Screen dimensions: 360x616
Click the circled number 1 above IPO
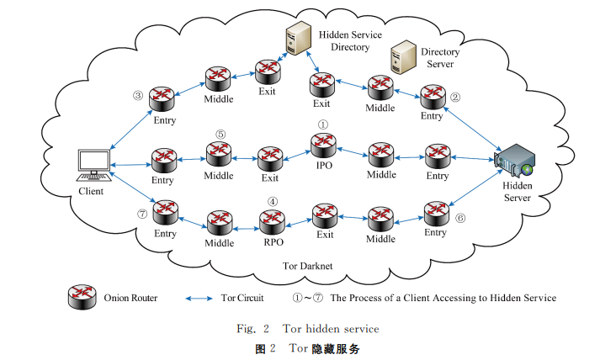[x=323, y=124]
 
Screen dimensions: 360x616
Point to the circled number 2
[x=455, y=98]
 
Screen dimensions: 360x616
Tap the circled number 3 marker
[x=137, y=95]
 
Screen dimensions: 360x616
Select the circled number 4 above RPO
[x=272, y=202]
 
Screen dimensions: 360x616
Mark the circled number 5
[x=220, y=133]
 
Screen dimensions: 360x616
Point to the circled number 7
[x=141, y=214]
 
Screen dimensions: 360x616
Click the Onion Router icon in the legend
[x=82, y=297]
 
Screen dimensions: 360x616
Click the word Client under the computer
[x=89, y=192]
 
